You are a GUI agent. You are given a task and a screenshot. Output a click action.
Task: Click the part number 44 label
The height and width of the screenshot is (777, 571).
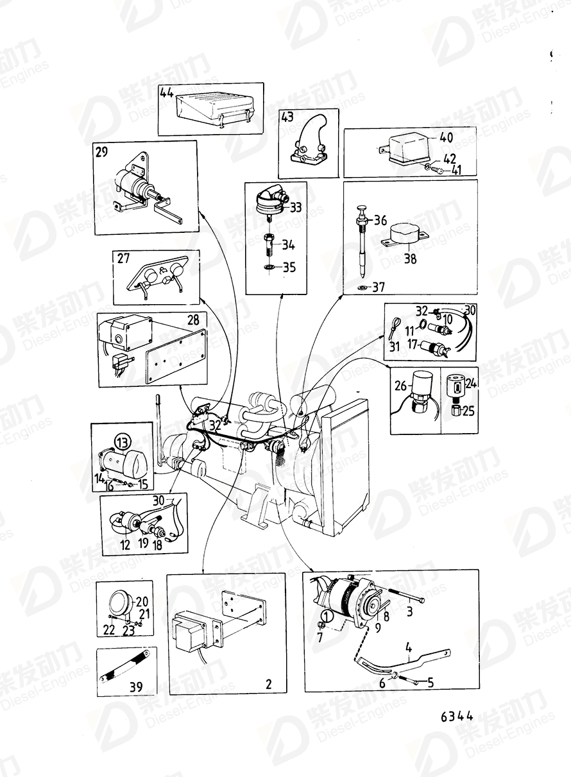click(167, 92)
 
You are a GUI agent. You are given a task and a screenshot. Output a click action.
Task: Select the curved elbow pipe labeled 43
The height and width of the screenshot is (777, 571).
click(307, 143)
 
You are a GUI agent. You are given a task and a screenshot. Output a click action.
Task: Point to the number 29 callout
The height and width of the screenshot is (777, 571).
click(102, 152)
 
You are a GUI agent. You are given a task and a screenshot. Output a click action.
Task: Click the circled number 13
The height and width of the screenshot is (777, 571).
click(122, 441)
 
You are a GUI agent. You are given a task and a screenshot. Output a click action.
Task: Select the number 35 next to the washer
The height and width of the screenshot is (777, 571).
click(289, 268)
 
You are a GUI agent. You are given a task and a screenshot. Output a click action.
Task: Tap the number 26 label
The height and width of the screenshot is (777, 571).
click(400, 386)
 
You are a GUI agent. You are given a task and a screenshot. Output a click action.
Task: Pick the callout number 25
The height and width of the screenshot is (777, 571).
click(468, 411)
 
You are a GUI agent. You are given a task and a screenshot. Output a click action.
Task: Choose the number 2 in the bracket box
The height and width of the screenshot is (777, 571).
click(268, 684)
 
